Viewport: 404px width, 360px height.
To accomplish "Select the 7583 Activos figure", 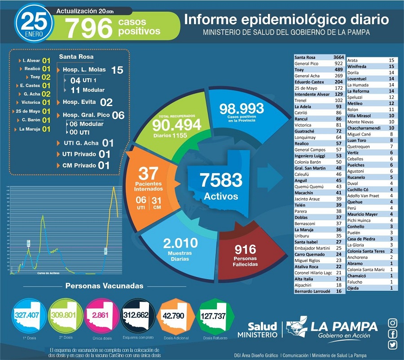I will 215,181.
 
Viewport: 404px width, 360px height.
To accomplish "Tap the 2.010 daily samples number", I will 180,244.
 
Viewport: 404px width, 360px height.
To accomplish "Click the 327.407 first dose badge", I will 27,315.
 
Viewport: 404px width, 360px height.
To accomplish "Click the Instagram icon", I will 393,323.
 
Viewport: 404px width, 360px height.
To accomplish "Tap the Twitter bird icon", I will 393,345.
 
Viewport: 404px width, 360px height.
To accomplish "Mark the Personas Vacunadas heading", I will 104,286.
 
